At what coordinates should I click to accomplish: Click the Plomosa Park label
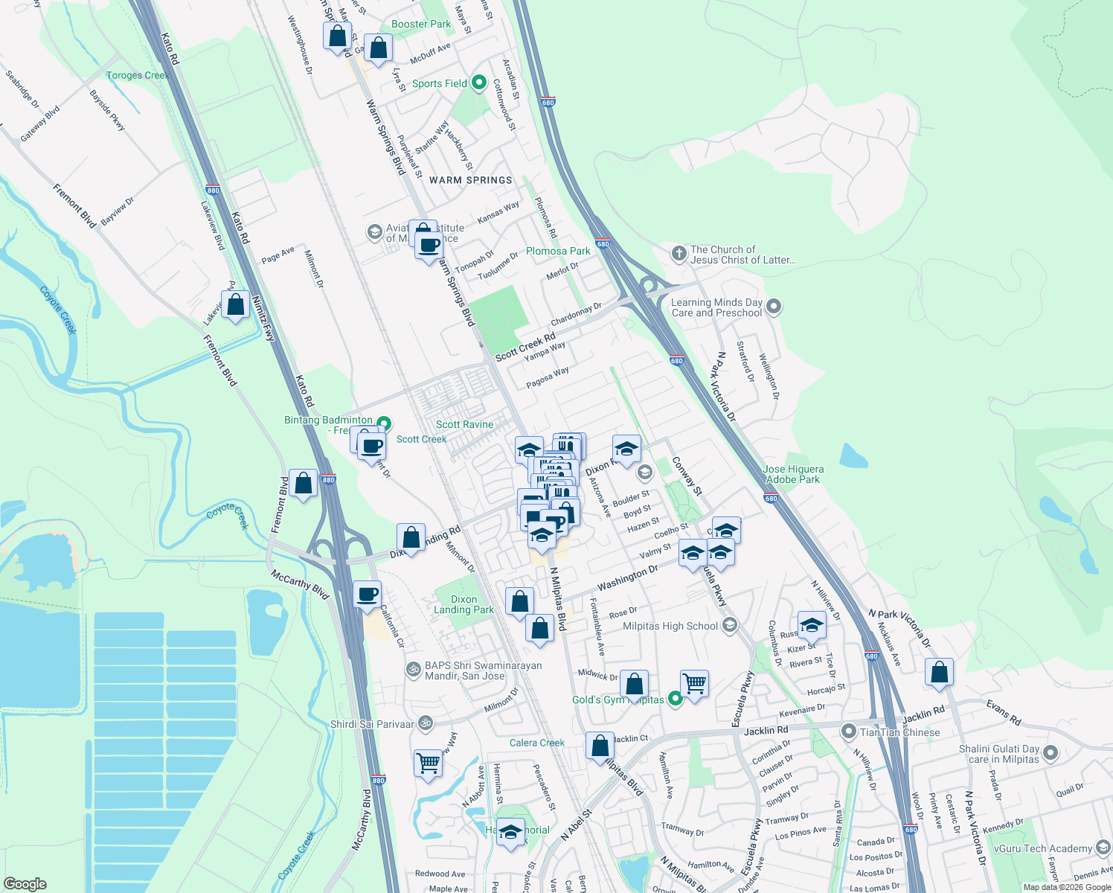point(558,251)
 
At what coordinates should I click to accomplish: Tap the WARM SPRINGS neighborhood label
point(470,180)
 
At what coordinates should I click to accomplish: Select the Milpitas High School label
point(670,626)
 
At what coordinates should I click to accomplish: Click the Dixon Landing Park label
point(464,604)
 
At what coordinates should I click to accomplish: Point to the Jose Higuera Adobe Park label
point(793,474)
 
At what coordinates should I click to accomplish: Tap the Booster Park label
point(421,24)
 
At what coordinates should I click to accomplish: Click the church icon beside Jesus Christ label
point(679,254)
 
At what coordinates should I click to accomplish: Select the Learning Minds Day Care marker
point(774,306)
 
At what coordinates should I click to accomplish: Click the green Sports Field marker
point(479,83)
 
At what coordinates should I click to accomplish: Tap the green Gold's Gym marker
point(675,699)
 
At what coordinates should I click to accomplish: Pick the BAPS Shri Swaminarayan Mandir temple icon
point(412,670)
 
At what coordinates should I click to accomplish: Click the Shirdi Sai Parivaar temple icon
point(425,723)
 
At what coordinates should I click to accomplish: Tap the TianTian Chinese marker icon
point(848,732)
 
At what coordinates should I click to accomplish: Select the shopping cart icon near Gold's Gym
point(693,682)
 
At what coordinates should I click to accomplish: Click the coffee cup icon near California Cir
point(367,595)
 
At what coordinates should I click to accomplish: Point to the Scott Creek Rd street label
point(525,347)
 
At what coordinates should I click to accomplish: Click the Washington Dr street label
point(627,577)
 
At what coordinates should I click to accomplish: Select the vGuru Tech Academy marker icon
point(1103,848)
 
